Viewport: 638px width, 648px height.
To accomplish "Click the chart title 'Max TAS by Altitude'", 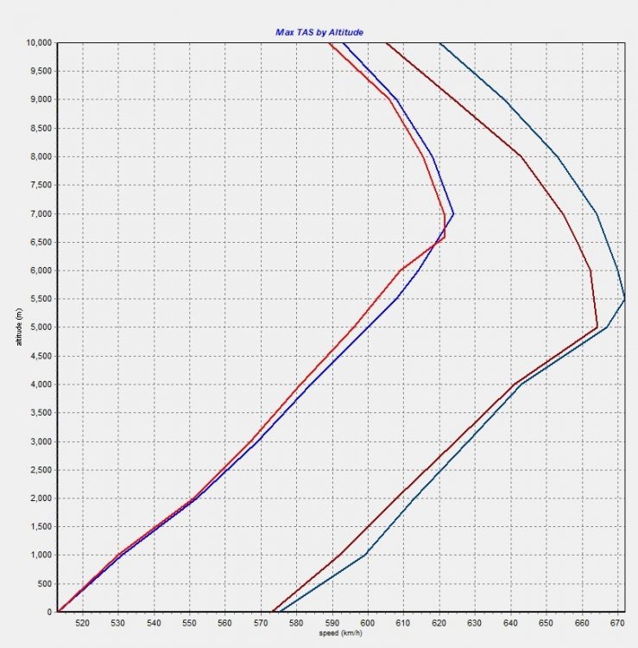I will (319, 32).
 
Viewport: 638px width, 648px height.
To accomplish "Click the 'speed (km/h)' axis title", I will (339, 635).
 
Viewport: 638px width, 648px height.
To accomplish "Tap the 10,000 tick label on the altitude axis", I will (39, 42).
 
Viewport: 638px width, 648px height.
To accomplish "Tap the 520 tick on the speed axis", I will (83, 623).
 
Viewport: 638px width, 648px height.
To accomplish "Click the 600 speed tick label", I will (368, 623).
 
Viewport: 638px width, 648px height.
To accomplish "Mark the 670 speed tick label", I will (617, 623).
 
